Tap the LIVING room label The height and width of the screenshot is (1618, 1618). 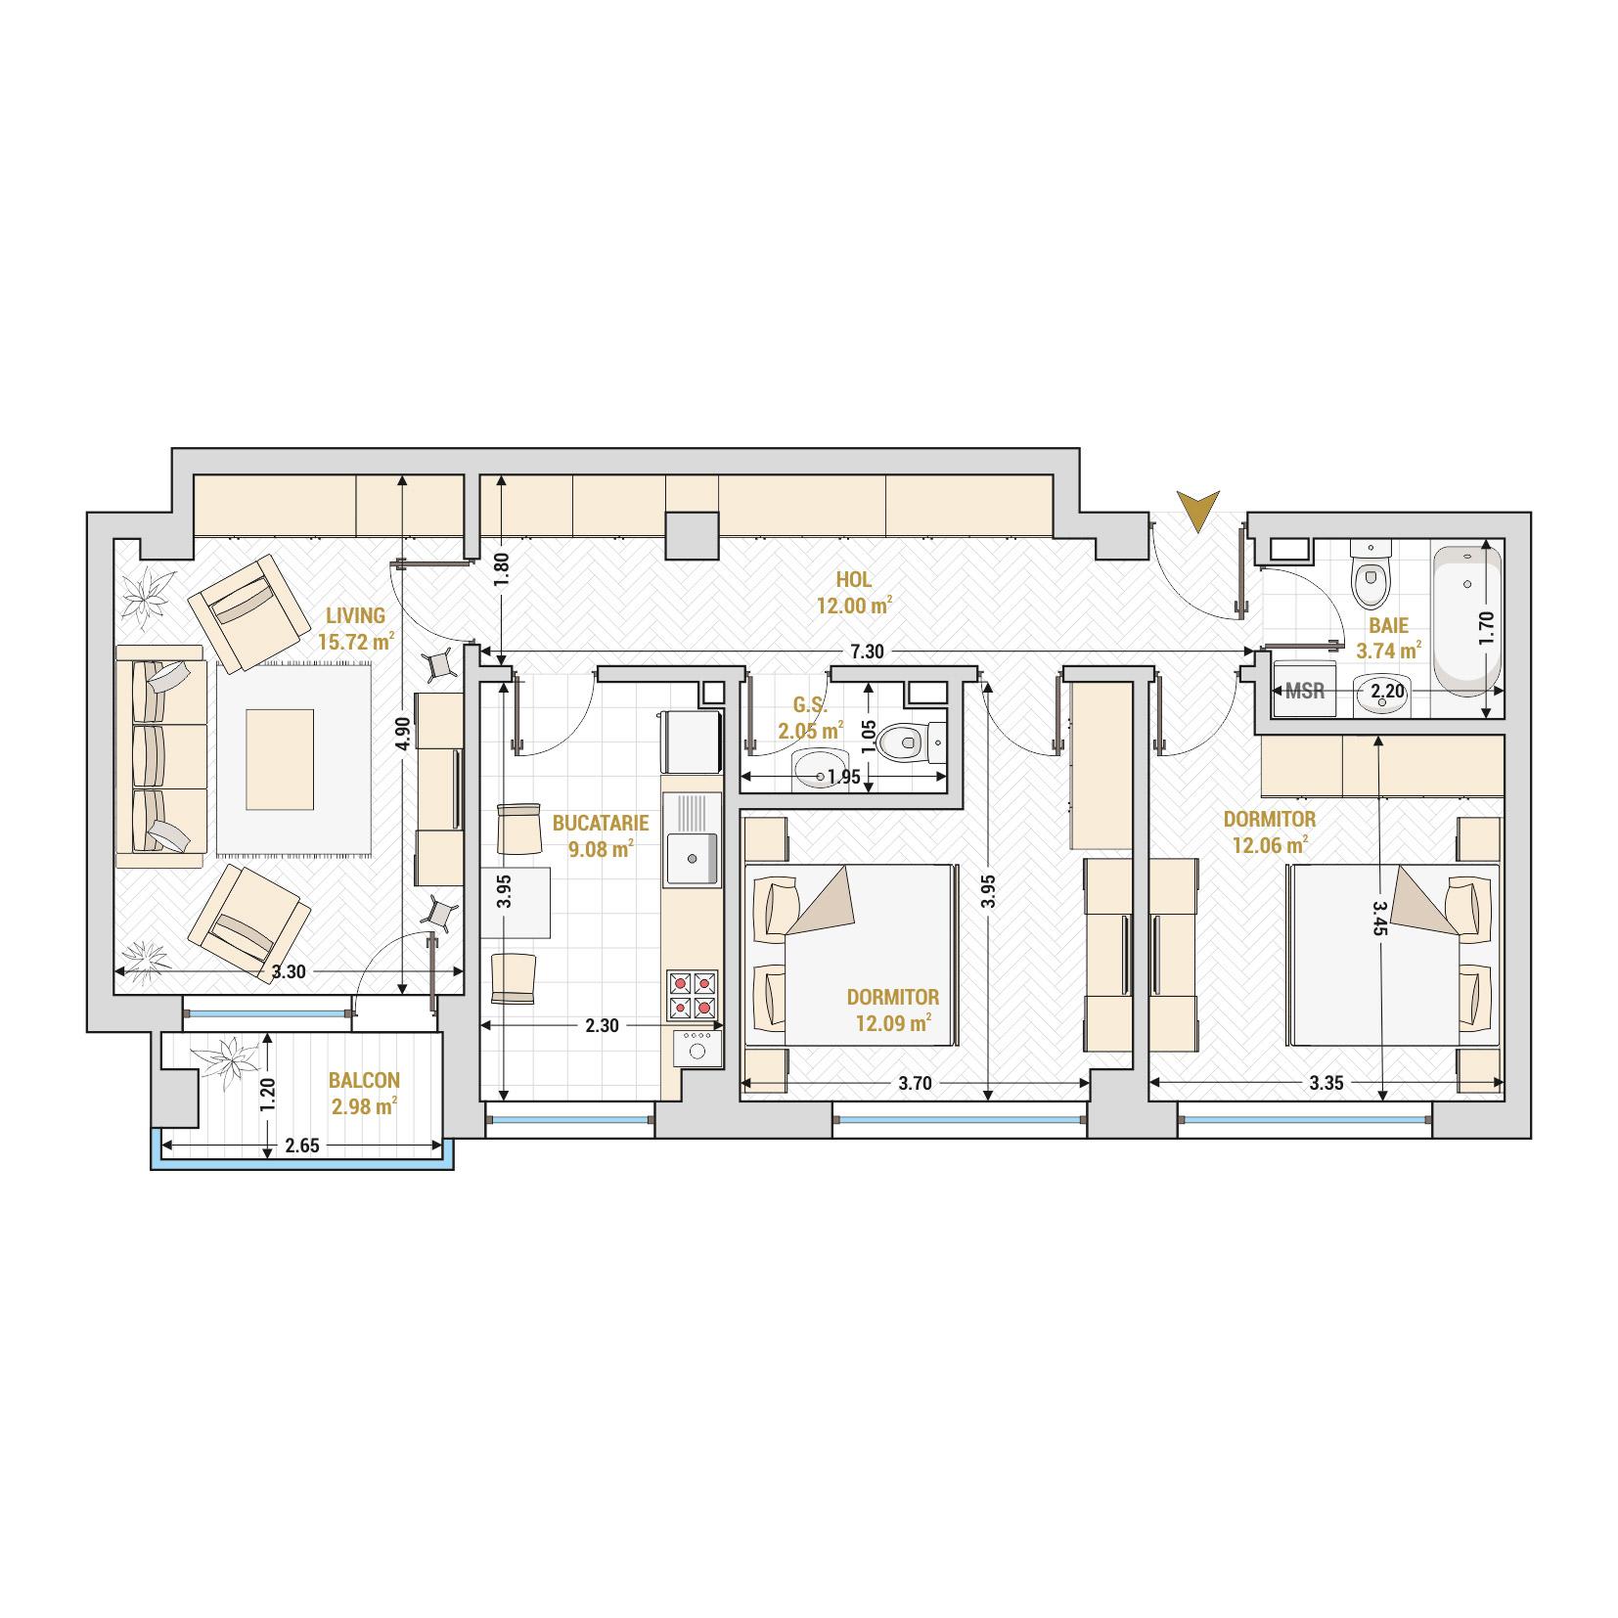pos(355,615)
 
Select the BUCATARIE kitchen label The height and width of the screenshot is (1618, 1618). pos(601,824)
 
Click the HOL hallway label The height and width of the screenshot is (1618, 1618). pos(854,580)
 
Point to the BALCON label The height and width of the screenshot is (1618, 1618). pos(364,1081)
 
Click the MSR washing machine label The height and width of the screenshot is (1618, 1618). pos(1305,691)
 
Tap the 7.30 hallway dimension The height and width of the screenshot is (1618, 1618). pos(867,652)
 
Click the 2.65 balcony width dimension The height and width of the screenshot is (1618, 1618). pos(301,1146)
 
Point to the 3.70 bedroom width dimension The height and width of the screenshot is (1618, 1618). pos(914,1083)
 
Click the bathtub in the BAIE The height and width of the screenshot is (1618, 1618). pos(1466,621)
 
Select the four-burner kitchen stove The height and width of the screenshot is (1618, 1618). pos(693,995)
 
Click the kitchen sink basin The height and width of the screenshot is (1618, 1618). pos(692,857)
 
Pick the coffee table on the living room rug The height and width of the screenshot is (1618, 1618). pos(280,759)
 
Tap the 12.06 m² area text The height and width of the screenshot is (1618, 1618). pos(1269,844)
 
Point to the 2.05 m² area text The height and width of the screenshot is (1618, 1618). pos(810,730)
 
